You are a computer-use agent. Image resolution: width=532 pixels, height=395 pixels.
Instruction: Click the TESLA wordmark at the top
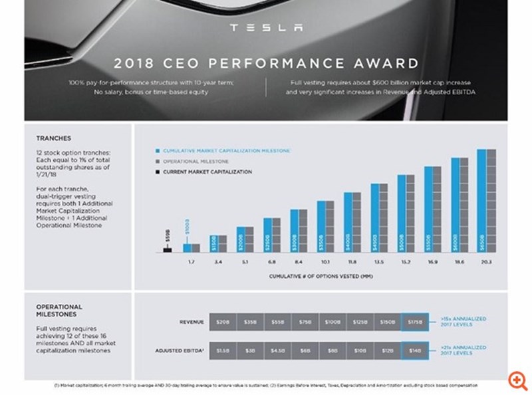coord(265,28)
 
